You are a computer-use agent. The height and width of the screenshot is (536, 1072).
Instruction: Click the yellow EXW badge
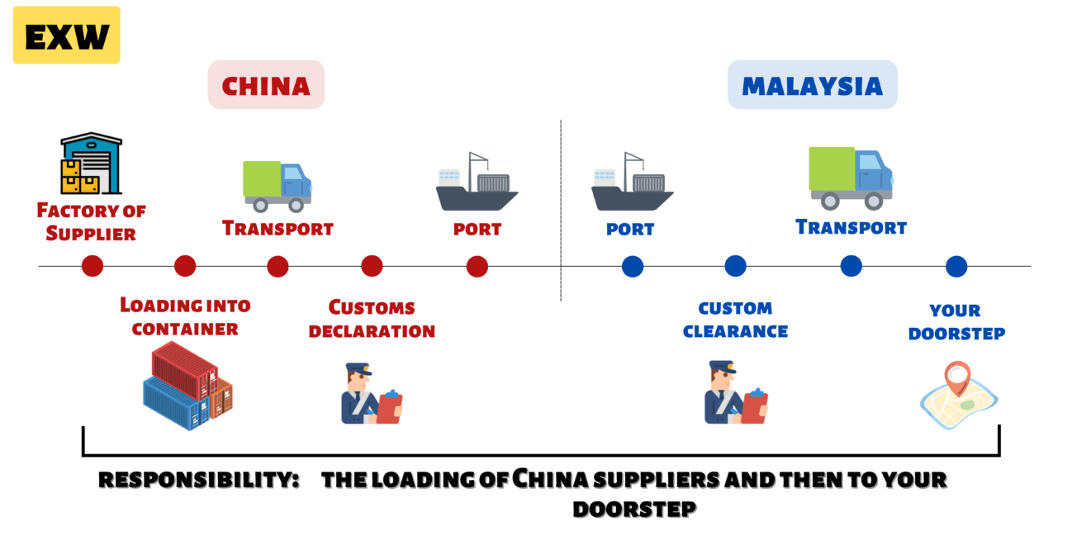[x=66, y=35]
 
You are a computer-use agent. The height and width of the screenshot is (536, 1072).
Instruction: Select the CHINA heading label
[x=266, y=84]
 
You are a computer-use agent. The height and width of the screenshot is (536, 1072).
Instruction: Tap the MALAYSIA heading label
[x=812, y=84]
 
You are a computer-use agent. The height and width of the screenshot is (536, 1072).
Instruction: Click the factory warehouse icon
[x=91, y=164]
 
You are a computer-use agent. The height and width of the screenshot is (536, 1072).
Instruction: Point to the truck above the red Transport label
[x=277, y=185]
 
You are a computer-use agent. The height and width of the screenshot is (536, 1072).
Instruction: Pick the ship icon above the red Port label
[x=477, y=182]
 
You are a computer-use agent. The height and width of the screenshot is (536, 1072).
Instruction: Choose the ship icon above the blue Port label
[x=632, y=182]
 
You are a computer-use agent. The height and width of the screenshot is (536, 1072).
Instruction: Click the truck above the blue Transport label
[x=850, y=178]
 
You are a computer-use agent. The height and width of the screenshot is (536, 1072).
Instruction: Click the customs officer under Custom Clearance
[x=734, y=393]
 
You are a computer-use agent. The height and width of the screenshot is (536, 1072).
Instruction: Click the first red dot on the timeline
[x=92, y=266]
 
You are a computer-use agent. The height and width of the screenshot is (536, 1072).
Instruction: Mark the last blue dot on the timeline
[x=956, y=266]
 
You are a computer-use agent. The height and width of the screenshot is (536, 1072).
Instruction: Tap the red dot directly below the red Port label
[x=477, y=266]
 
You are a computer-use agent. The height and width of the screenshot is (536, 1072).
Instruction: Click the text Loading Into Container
[x=185, y=316]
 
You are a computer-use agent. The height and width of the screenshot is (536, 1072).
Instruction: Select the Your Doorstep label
[x=956, y=322]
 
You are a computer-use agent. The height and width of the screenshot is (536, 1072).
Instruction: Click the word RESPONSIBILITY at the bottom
[x=198, y=480]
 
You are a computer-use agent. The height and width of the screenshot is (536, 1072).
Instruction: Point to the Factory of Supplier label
[x=91, y=222]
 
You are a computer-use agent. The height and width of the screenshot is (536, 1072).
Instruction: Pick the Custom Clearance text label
[x=735, y=320]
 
